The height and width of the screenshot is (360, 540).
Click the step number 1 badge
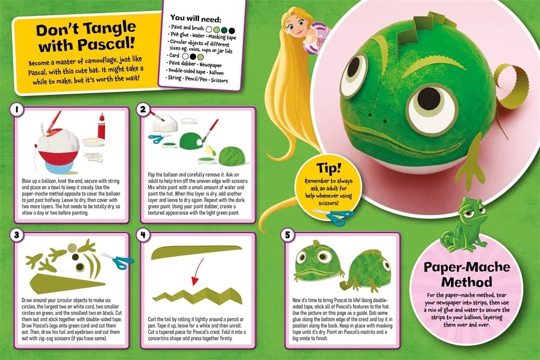[17, 110]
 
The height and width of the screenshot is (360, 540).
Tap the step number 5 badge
[286, 236]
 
